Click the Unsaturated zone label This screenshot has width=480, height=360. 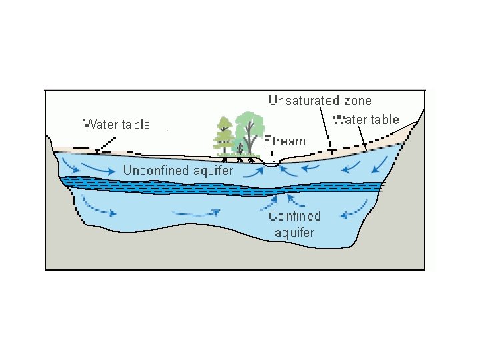[x=320, y=100]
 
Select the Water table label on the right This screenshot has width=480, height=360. [x=365, y=120]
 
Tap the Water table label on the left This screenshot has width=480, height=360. [x=116, y=125]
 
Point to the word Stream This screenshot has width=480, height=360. [x=285, y=141]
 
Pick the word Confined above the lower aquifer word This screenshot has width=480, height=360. [x=295, y=216]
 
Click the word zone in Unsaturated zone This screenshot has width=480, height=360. [x=357, y=100]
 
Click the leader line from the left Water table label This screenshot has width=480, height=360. [x=107, y=141]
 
